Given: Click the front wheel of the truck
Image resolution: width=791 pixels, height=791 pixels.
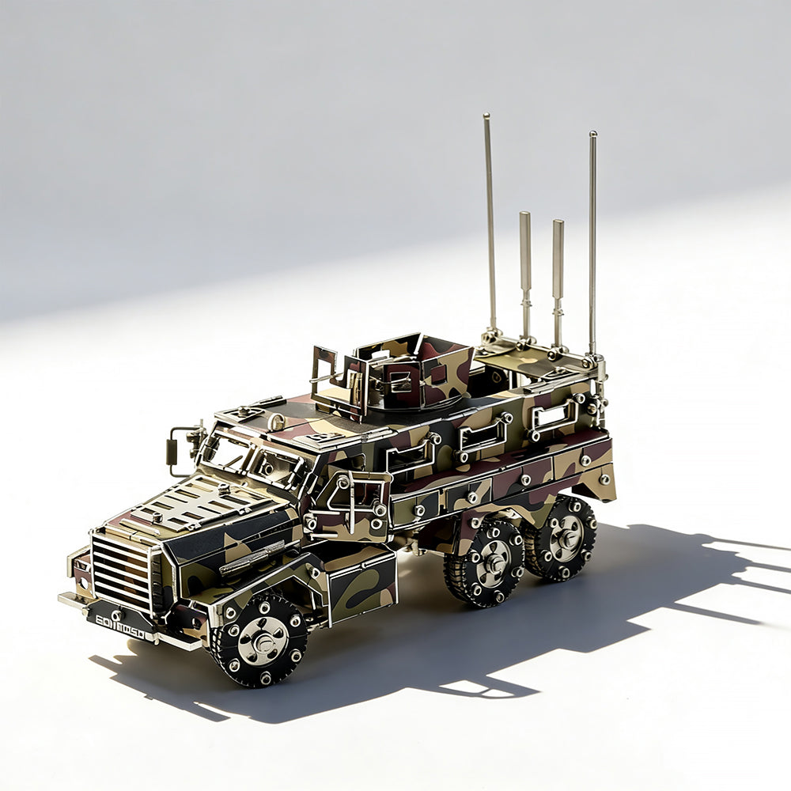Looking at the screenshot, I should [x=262, y=638].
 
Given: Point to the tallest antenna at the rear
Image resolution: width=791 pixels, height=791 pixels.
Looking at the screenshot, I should [x=592, y=237].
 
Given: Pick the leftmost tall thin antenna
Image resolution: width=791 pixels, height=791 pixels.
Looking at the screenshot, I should [x=490, y=221].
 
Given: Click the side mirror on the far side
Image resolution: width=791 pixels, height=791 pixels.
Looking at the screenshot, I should [x=173, y=451].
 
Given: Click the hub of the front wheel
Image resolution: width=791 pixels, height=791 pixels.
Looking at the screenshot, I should [x=262, y=639].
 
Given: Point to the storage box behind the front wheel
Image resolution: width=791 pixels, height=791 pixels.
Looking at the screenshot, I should [x=362, y=585].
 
